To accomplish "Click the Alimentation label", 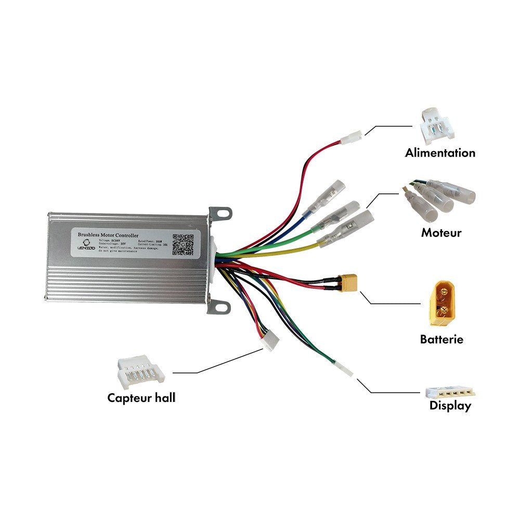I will point(440,153).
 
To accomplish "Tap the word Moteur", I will point(441,232).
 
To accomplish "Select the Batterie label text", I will point(441,340).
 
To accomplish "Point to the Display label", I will point(450,406).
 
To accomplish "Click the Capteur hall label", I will point(141,398).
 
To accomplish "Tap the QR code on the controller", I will point(183,244).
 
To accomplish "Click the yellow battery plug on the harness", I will point(348,282).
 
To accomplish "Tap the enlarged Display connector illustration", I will point(450,393).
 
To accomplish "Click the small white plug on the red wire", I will point(350,139).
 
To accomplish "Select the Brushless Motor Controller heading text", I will point(108,235).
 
